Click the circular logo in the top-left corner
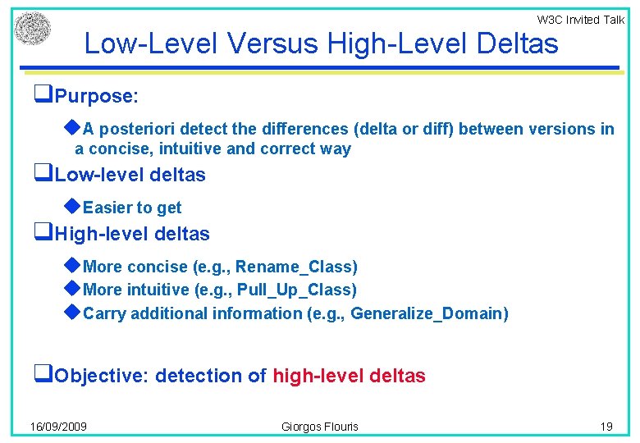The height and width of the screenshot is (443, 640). [32, 29]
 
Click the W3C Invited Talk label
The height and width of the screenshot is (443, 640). [580, 20]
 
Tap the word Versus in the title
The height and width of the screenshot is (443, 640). [268, 43]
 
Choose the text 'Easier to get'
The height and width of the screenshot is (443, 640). [132, 208]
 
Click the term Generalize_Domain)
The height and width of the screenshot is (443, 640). [429, 313]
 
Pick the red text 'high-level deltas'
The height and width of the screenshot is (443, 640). [349, 377]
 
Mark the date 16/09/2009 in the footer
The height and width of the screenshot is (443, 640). [59, 427]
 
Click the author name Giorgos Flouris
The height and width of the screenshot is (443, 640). [320, 427]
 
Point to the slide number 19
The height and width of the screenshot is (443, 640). [606, 427]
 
